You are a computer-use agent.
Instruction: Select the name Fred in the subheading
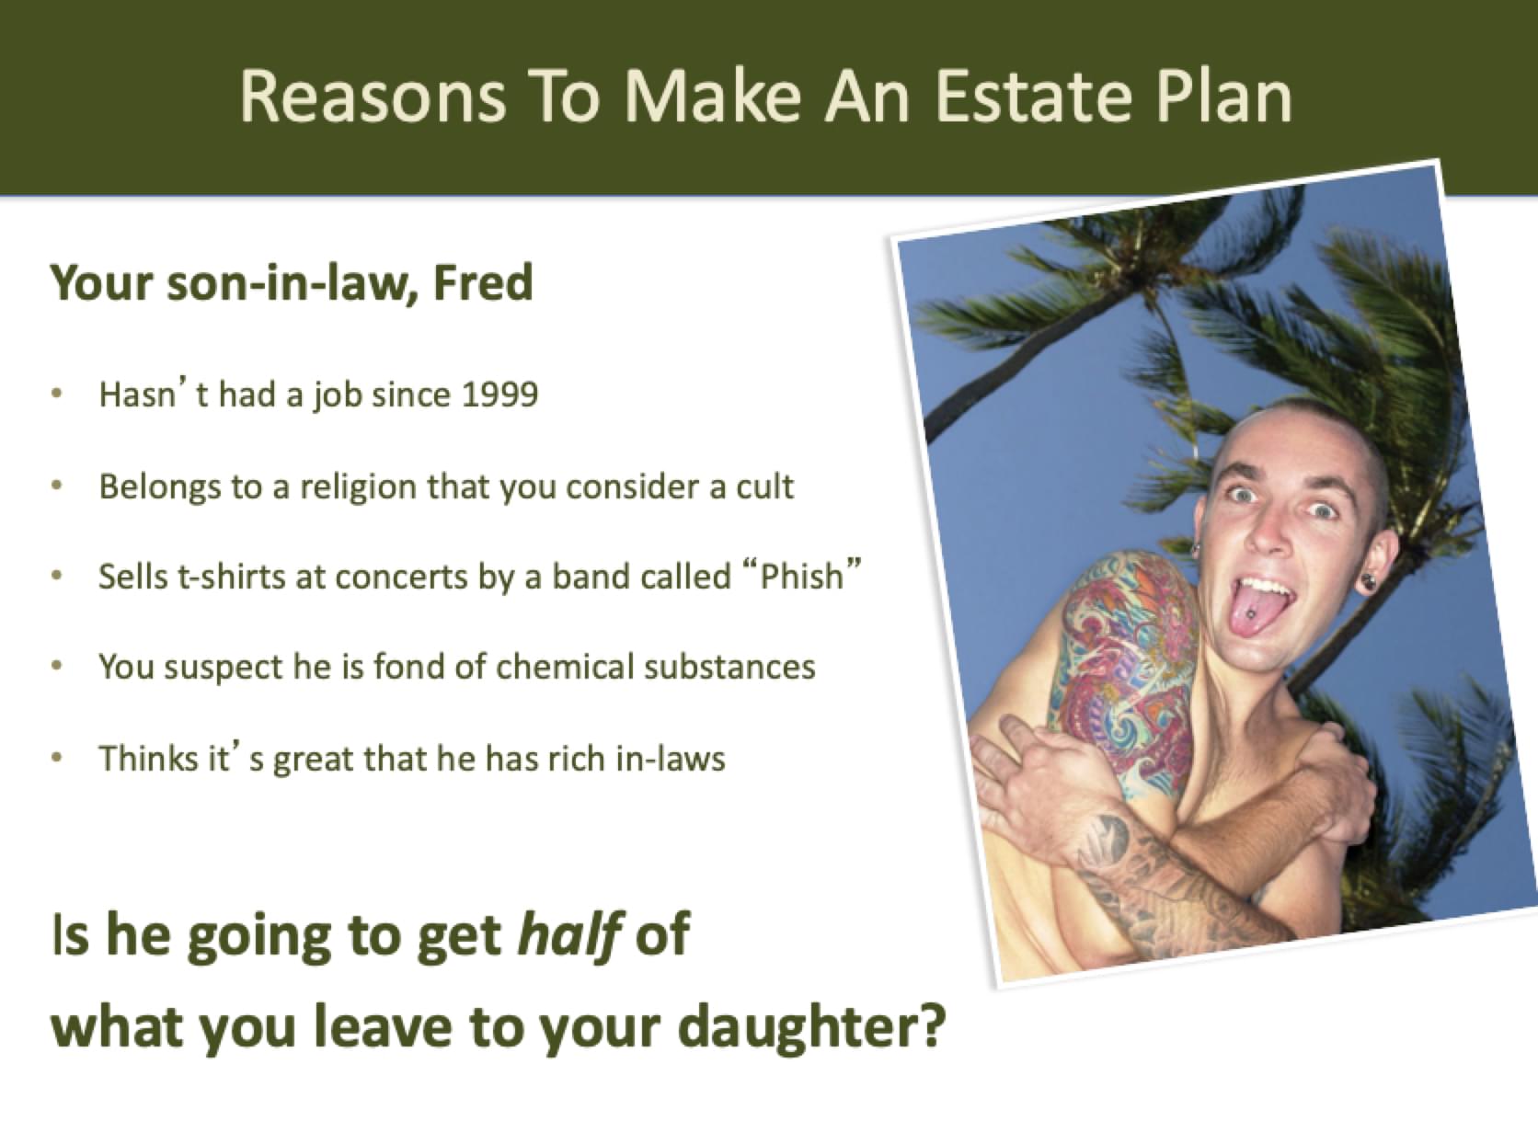point(483,283)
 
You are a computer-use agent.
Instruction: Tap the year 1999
point(500,395)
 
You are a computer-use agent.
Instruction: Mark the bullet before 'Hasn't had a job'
point(57,395)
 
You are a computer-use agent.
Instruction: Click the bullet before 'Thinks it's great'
point(57,758)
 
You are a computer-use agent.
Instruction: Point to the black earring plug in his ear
point(1369,581)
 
